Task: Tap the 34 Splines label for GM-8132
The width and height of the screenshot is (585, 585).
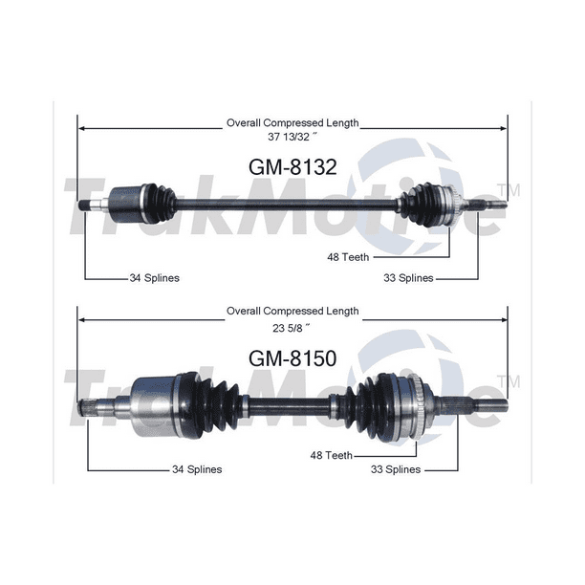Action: pos(154,278)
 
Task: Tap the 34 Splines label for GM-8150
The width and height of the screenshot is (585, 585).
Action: pos(196,469)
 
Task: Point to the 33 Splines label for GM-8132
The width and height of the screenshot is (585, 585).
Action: pos(407,278)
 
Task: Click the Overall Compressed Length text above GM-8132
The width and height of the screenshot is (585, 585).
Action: pos(292,122)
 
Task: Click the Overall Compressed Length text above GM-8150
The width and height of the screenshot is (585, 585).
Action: pos(292,311)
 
